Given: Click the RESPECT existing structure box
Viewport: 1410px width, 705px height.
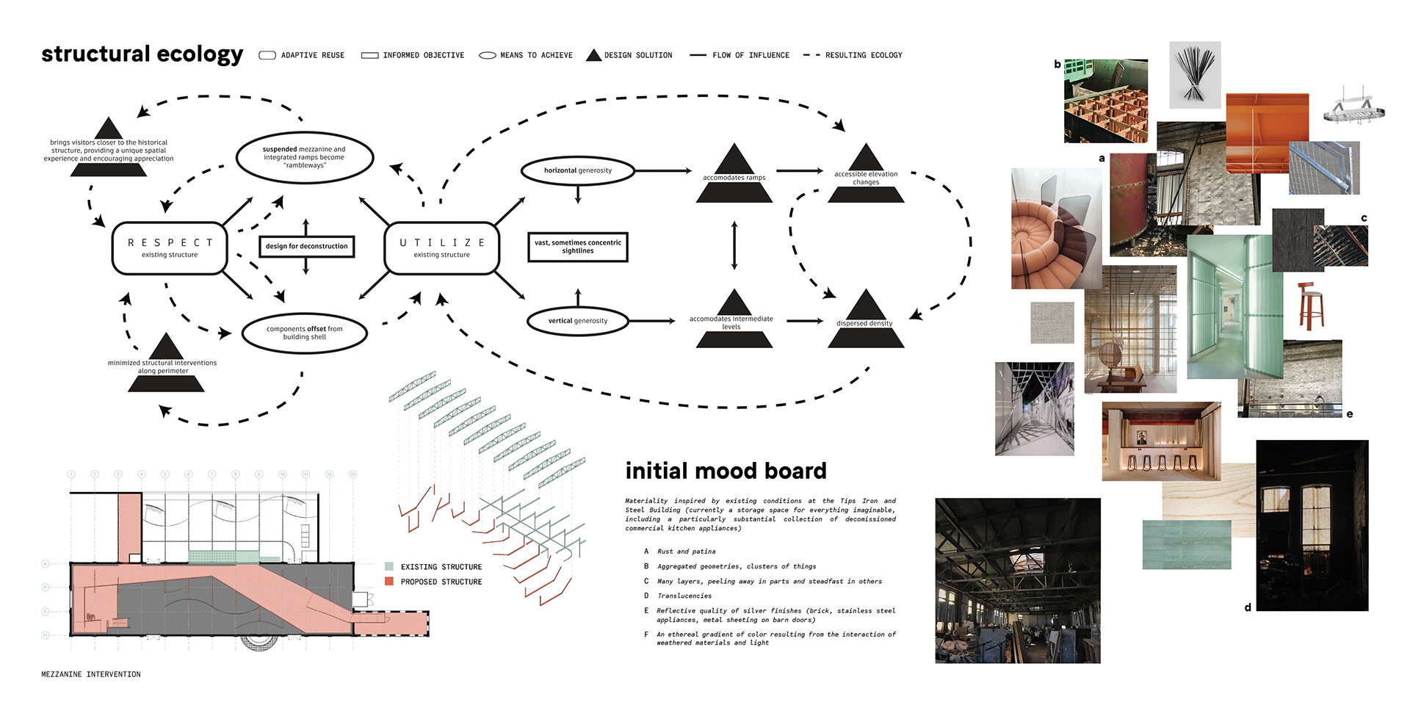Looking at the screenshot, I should coord(170,248).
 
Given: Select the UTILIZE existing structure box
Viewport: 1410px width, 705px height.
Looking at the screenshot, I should coord(441,248).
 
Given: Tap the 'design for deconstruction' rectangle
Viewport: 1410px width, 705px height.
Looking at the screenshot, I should coord(307,246).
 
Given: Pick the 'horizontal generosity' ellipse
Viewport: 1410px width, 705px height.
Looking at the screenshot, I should coord(577,170).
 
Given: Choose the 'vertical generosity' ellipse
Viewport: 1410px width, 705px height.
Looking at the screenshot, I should coord(577,321).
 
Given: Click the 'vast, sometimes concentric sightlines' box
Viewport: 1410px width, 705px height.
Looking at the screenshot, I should coord(578,247).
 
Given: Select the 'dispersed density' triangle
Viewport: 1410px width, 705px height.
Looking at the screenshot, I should coord(865,322).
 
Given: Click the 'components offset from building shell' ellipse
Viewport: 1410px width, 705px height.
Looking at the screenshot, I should coord(304,333).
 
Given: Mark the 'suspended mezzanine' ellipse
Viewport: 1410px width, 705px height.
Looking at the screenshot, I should coord(304,157).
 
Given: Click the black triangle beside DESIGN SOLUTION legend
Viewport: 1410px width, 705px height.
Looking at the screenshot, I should coord(593,55).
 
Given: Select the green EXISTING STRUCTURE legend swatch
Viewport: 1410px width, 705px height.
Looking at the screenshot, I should coord(389,567).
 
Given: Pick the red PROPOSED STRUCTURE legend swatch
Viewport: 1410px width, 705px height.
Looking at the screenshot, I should coord(389,582).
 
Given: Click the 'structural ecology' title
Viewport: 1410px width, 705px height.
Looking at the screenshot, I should coord(142,54).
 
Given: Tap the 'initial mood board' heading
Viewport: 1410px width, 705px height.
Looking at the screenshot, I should coord(726,471).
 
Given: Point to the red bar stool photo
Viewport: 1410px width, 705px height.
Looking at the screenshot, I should coord(1310,305).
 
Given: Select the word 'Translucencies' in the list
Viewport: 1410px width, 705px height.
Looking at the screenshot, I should coord(684,596).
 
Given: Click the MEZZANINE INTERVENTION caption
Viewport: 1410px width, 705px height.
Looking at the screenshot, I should coord(91,674).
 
